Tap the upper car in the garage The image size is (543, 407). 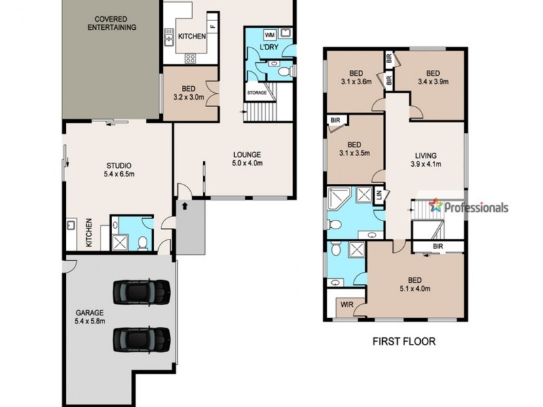[141, 291]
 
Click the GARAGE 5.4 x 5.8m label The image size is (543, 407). [90, 317]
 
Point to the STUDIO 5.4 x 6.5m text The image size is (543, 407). [118, 170]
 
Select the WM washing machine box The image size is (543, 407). [269, 35]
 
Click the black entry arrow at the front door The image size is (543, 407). [183, 202]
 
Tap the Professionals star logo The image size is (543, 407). [435, 206]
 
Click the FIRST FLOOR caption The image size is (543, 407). [405, 341]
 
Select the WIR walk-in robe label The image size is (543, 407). [345, 305]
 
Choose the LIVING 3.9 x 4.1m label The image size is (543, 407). [426, 159]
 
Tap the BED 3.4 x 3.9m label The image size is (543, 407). [434, 79]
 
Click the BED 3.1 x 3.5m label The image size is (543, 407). [354, 149]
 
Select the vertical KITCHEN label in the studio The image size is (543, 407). [89, 233]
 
